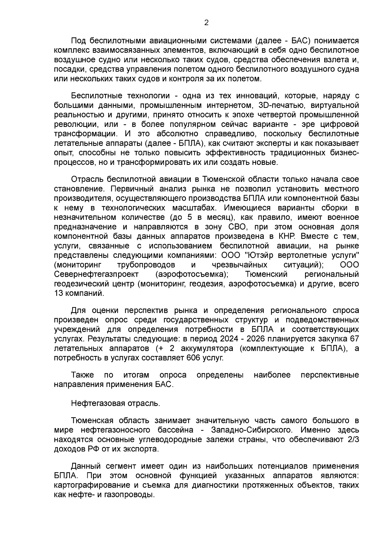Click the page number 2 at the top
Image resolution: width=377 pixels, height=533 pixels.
pos(206,23)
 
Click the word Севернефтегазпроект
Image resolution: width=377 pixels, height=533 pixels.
pos(96,274)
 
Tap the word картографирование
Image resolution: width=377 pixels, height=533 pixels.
pos(91,485)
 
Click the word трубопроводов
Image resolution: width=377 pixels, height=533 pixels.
pos(146,264)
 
